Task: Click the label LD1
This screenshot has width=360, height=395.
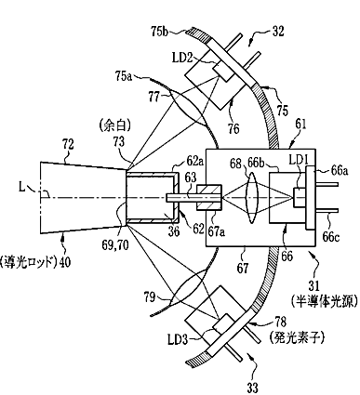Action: pos(299,160)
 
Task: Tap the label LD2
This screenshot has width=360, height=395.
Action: pos(182,58)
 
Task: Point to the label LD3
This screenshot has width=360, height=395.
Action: pos(178,340)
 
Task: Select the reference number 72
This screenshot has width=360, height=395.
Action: pos(68,145)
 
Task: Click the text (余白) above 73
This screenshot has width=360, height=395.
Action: pos(115,127)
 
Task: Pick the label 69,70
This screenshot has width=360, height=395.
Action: pos(115,245)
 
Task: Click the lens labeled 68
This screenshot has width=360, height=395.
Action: pos(252,198)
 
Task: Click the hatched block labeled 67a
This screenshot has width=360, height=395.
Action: pos(208,198)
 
